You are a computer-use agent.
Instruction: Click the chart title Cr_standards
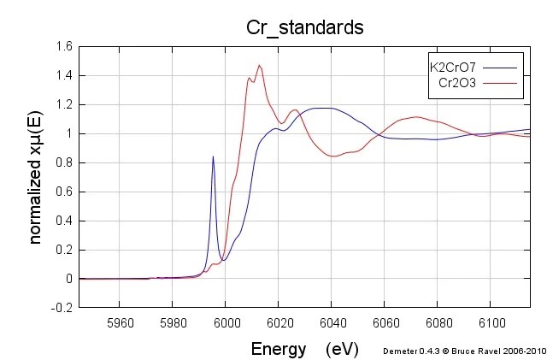point(304,27)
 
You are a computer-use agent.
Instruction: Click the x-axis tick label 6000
point(225,322)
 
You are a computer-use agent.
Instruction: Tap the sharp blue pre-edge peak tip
point(213,156)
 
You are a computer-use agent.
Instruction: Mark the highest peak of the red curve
point(260,65)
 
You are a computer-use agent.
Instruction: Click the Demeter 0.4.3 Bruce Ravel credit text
point(464,350)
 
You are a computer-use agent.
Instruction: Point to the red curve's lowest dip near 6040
point(333,156)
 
